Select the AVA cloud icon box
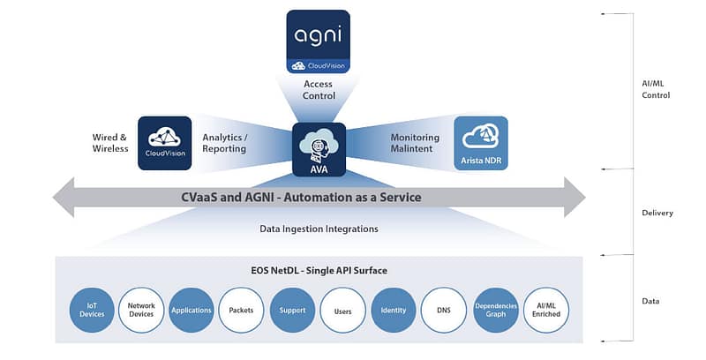pos(319,148)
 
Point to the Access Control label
pos(319,90)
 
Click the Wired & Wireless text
pos(110,144)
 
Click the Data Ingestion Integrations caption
pos(319,229)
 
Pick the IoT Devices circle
pos(91,310)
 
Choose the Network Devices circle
pos(141,310)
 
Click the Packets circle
pos(242,310)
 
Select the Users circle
pos(343,310)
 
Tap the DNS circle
pos(444,310)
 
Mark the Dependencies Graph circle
pos(495,310)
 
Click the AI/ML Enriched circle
pos(545,310)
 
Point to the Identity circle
pos(394,310)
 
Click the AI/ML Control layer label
pos(656,89)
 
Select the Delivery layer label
pos(657,213)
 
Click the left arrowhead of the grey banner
pos(64,197)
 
